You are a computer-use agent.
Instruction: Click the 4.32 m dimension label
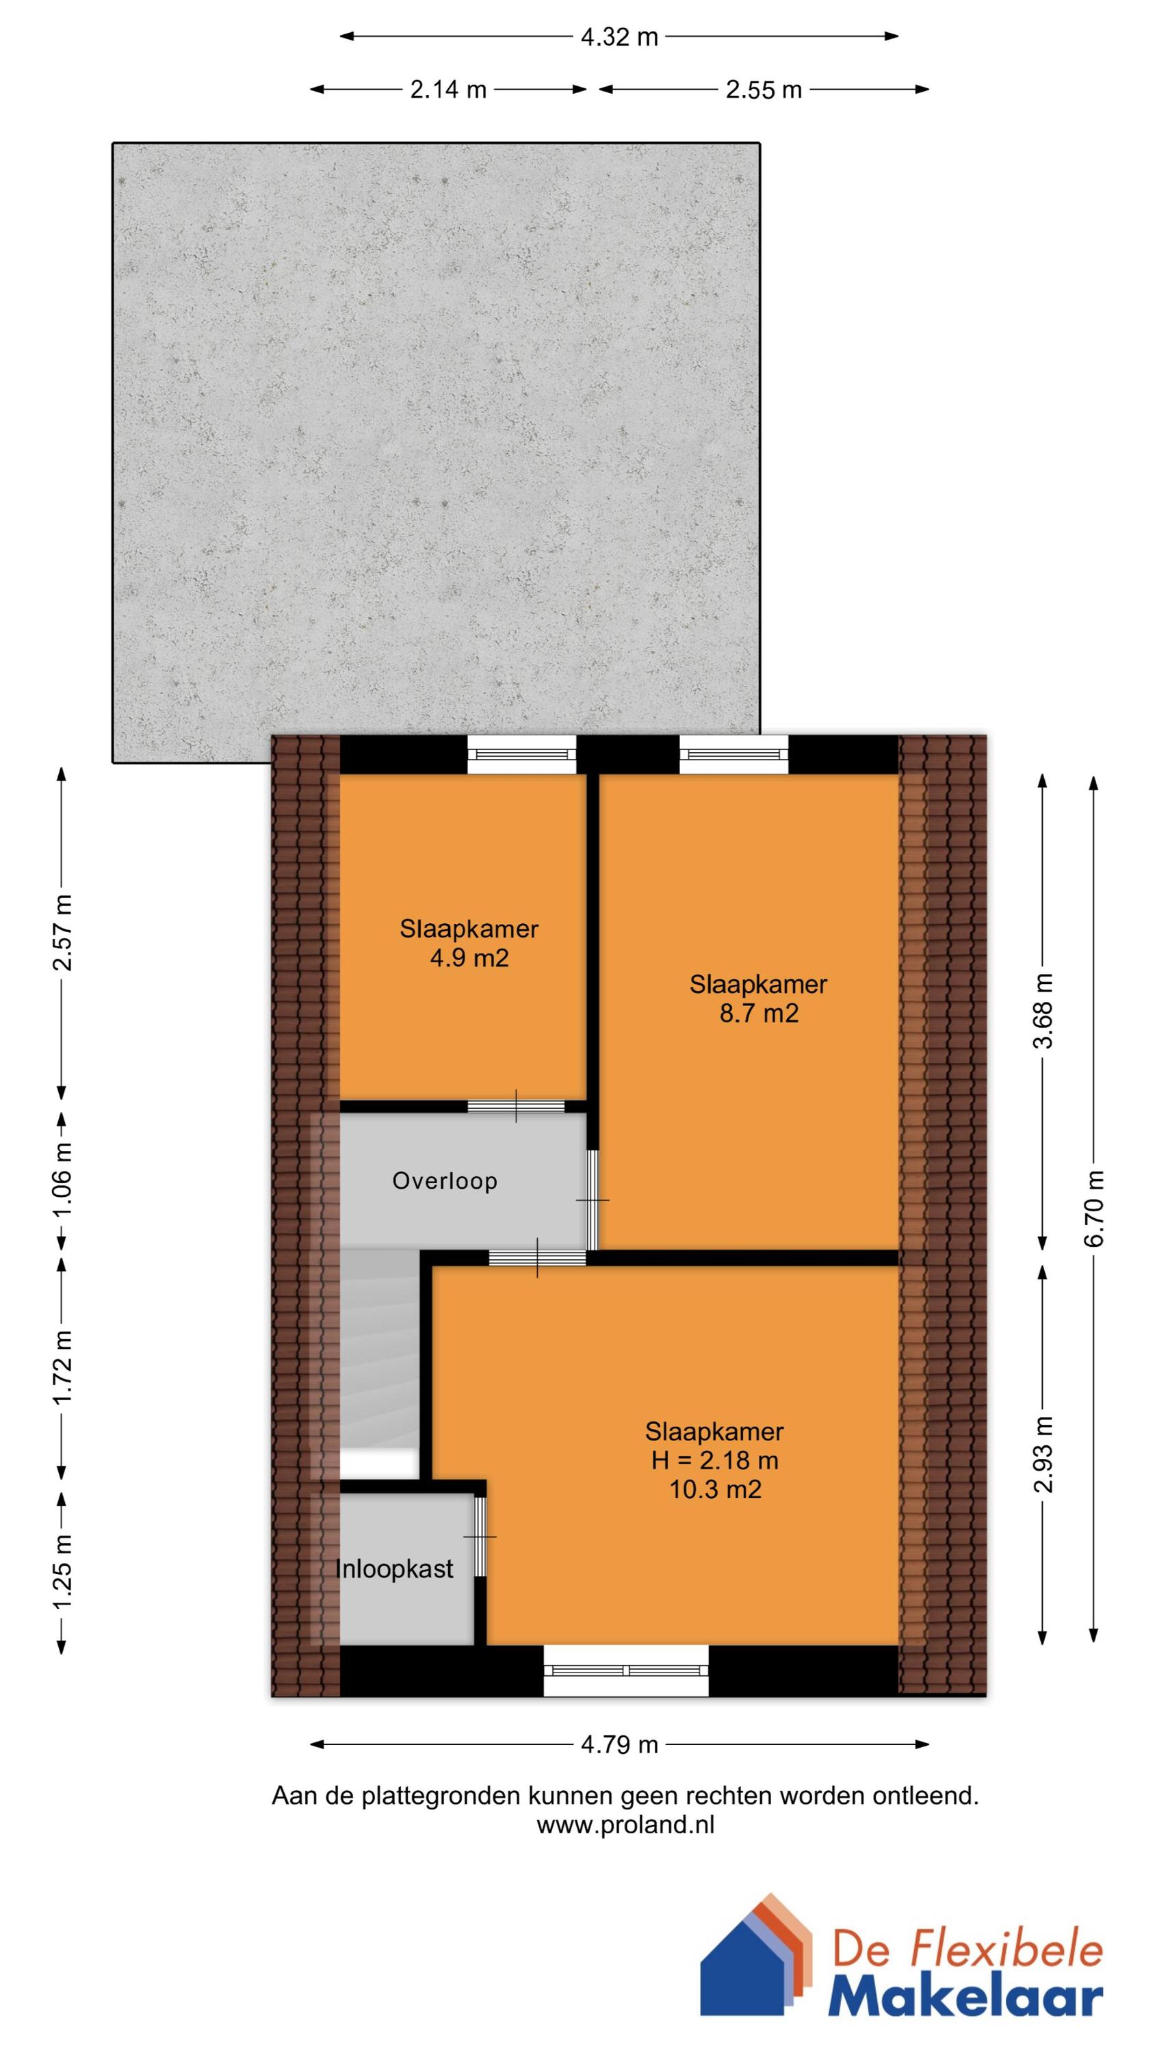coord(619,37)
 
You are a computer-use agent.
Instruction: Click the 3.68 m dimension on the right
coord(1043,1011)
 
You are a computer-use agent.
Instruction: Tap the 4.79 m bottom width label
coord(619,1744)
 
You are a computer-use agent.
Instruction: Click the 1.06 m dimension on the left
coord(62,1178)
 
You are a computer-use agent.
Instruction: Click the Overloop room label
coord(445,1180)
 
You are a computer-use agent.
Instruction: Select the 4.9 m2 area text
coord(469,957)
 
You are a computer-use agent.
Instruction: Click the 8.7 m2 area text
coord(759,1013)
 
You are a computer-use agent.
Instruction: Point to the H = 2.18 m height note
coord(715,1460)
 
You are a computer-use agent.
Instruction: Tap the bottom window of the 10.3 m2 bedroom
coord(625,1670)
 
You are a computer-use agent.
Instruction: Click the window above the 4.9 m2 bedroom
coord(521,754)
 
